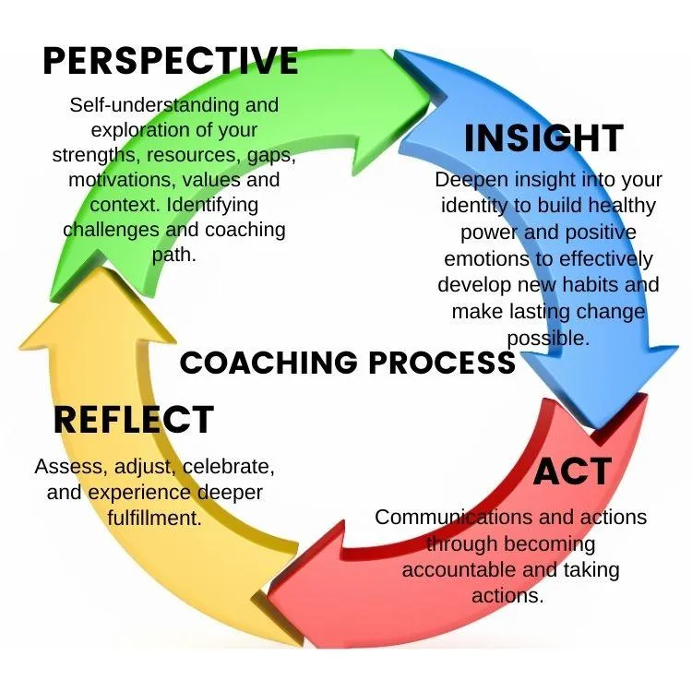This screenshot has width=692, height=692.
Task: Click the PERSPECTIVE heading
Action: click(171, 61)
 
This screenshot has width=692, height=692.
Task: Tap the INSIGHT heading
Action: click(543, 138)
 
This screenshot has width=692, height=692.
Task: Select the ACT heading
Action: click(572, 471)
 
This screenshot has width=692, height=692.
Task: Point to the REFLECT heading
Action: click(134, 420)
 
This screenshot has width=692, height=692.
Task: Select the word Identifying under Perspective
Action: click(214, 204)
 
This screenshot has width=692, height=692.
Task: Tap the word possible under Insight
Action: click(547, 338)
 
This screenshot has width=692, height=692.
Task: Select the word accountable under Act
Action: click(461, 570)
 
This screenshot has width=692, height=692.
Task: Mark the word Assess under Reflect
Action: click(65, 467)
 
